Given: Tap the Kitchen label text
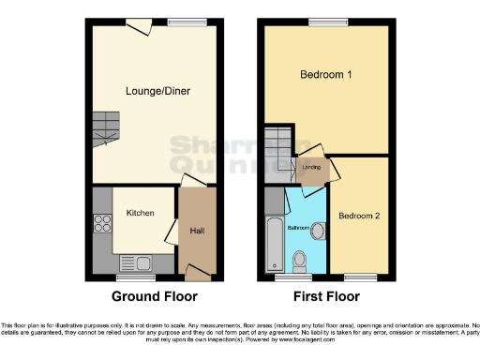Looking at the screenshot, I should click(140, 213).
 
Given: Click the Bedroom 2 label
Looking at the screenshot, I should click(359, 216).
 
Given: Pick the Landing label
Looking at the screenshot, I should click(310, 169).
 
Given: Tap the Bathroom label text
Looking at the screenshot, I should click(297, 228).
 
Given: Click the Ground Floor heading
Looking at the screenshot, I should click(155, 296).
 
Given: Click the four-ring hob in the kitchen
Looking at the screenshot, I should click(102, 226).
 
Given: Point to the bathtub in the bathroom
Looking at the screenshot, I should click(273, 243).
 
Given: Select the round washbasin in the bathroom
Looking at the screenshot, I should click(317, 230).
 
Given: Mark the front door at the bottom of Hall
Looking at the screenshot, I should click(197, 273).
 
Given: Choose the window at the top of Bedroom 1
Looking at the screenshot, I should click(325, 21).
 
